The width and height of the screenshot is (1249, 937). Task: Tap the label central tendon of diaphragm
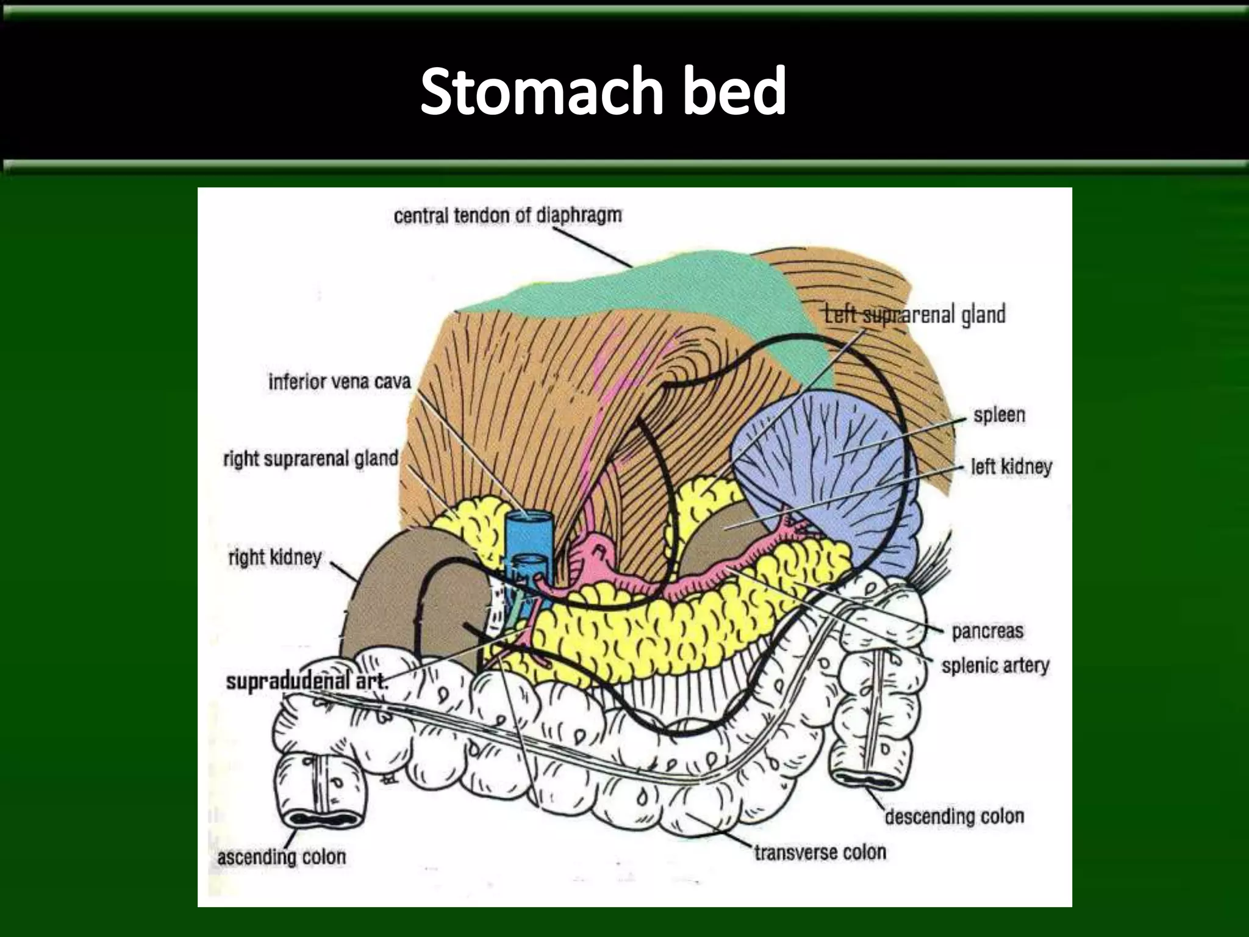[x=507, y=215]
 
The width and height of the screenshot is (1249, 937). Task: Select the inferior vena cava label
[x=340, y=382]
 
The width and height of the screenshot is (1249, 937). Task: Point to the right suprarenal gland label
[x=310, y=458]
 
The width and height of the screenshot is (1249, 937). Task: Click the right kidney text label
[x=274, y=557]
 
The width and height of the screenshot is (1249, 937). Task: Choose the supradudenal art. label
[x=306, y=681]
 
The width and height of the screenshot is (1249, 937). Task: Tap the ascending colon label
[x=282, y=856]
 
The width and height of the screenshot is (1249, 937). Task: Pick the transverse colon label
[x=820, y=852]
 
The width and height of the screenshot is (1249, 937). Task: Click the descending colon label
[x=954, y=816]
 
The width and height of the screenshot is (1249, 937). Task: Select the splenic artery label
[x=995, y=666]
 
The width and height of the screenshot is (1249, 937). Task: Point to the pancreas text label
[x=987, y=631]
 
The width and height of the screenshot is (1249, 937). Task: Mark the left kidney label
[x=1011, y=467]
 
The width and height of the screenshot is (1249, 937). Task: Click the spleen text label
[x=999, y=415]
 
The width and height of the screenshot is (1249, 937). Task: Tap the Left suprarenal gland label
[x=915, y=315]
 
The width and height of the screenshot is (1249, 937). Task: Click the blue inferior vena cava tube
[x=528, y=537]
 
